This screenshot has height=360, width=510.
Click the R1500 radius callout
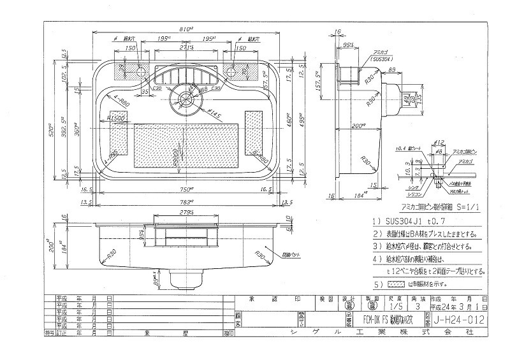click(117, 118)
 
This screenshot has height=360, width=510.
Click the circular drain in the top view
click(187, 99)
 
